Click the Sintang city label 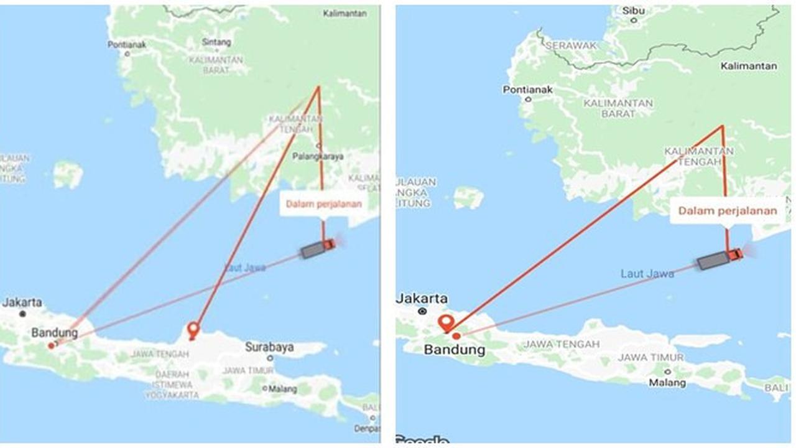(x=216, y=42)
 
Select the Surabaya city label (x=269, y=347)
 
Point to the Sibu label (x=634, y=11)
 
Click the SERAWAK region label (x=570, y=45)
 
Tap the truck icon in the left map (x=318, y=248)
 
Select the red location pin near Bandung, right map (x=446, y=324)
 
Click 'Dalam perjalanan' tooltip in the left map (x=323, y=203)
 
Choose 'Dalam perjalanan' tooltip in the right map (x=727, y=210)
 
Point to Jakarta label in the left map (x=22, y=302)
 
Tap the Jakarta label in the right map (x=422, y=298)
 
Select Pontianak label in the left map (x=126, y=45)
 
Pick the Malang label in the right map (x=667, y=383)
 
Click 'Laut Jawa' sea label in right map (x=647, y=273)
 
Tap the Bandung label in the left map (x=55, y=333)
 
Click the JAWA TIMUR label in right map (x=650, y=357)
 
